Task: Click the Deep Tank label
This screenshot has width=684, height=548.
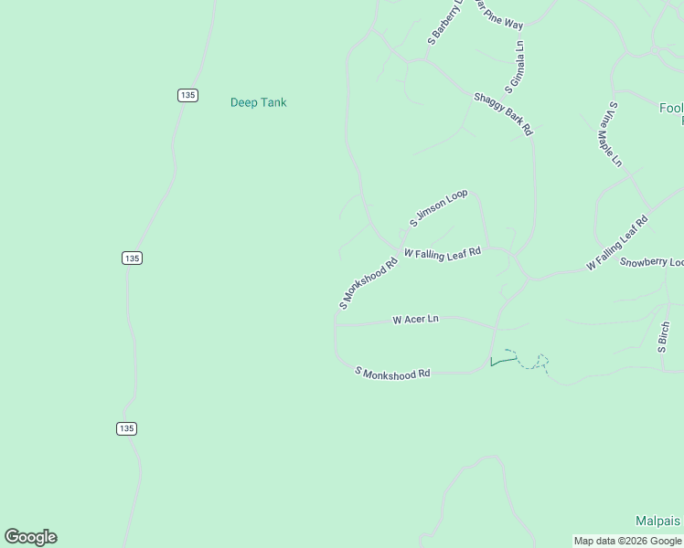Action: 258,102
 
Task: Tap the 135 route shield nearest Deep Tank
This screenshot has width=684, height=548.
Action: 187,95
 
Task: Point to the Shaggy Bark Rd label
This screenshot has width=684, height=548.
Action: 503,114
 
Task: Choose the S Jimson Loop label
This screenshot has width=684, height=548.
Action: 438,207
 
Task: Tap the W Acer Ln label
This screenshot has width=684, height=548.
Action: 415,320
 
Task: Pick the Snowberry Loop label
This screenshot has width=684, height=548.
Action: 651,263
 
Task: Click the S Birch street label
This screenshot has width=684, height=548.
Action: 664,337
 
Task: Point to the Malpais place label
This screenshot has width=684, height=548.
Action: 658,521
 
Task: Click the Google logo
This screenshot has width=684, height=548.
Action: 30,537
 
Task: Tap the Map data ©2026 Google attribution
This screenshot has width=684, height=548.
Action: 628,541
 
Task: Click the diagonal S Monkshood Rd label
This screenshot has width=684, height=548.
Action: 369,282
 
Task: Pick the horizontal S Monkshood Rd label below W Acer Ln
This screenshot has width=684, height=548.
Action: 392,374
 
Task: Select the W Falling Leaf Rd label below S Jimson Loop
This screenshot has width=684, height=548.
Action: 442,253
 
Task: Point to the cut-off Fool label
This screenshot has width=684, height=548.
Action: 671,108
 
